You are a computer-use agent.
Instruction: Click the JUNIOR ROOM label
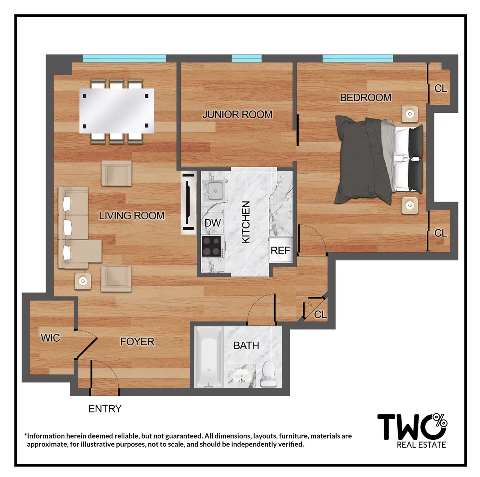click(237, 114)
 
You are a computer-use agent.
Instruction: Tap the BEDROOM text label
click(365, 97)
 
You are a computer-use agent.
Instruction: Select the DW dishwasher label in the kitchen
click(212, 223)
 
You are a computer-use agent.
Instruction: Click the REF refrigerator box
click(280, 251)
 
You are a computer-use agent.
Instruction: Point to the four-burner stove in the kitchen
click(212, 246)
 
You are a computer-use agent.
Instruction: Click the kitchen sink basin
click(215, 190)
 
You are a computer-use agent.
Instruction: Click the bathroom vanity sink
click(242, 376)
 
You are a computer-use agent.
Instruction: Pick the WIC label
click(50, 338)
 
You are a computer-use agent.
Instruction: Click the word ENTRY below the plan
click(105, 409)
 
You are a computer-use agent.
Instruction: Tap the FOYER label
click(137, 341)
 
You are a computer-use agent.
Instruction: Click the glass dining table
click(116, 111)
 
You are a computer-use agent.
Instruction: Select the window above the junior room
click(246, 58)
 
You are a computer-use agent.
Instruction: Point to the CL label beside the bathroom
click(320, 315)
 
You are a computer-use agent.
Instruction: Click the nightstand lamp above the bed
click(410, 114)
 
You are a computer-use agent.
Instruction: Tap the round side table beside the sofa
click(83, 281)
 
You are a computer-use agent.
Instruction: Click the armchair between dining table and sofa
click(116, 173)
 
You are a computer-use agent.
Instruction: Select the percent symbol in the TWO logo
click(440, 420)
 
